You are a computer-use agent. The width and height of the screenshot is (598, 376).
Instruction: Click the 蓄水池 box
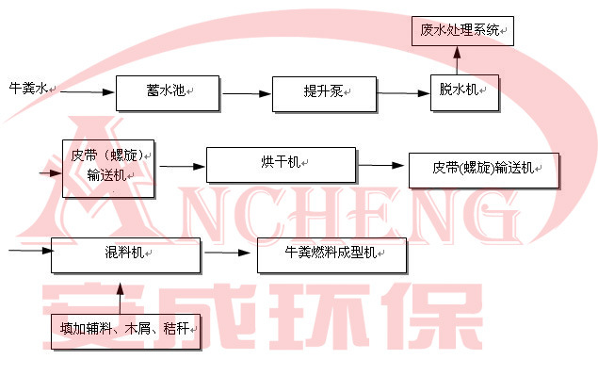tap(167, 91)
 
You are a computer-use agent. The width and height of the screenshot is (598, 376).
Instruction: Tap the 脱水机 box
tap(465, 91)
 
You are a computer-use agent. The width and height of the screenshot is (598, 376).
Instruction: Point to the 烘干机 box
tap(281, 164)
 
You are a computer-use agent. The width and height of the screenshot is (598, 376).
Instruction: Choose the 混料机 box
tap(125, 255)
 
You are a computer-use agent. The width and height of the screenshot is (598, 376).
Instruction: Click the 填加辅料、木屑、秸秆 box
tap(124, 331)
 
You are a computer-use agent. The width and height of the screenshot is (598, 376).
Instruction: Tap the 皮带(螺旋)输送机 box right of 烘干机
tap(484, 170)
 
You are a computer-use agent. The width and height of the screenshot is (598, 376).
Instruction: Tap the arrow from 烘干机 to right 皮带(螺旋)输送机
tap(381, 166)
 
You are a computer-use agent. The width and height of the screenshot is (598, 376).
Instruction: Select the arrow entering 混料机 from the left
tap(28, 250)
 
